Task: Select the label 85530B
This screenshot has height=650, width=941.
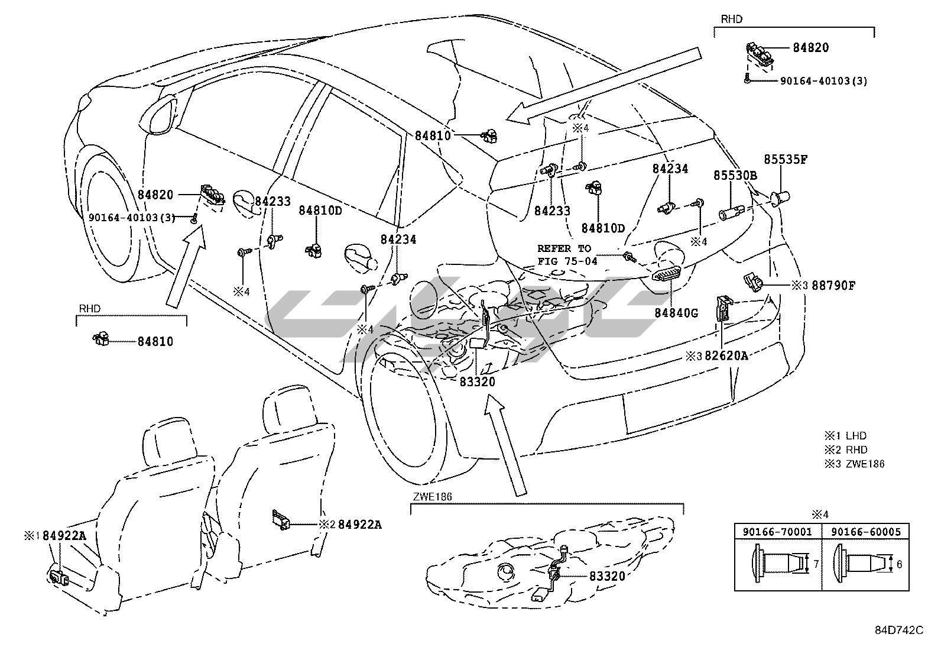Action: coord(735,176)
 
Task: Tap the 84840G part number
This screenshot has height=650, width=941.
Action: coord(676,313)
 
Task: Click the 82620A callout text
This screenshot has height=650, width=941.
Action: coord(726,355)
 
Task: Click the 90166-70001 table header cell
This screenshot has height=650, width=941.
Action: coord(778,532)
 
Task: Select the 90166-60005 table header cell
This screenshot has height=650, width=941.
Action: coord(866,532)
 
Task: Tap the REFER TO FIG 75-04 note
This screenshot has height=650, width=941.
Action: coord(567,254)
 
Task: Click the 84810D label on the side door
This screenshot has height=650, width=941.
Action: coord(320,210)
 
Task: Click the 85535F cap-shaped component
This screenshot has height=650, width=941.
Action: coord(781,198)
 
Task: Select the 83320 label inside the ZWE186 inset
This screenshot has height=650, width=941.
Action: coord(606,575)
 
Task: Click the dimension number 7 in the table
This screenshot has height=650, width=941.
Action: coord(816,564)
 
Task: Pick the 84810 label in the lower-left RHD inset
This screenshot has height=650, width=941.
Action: coord(155,341)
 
